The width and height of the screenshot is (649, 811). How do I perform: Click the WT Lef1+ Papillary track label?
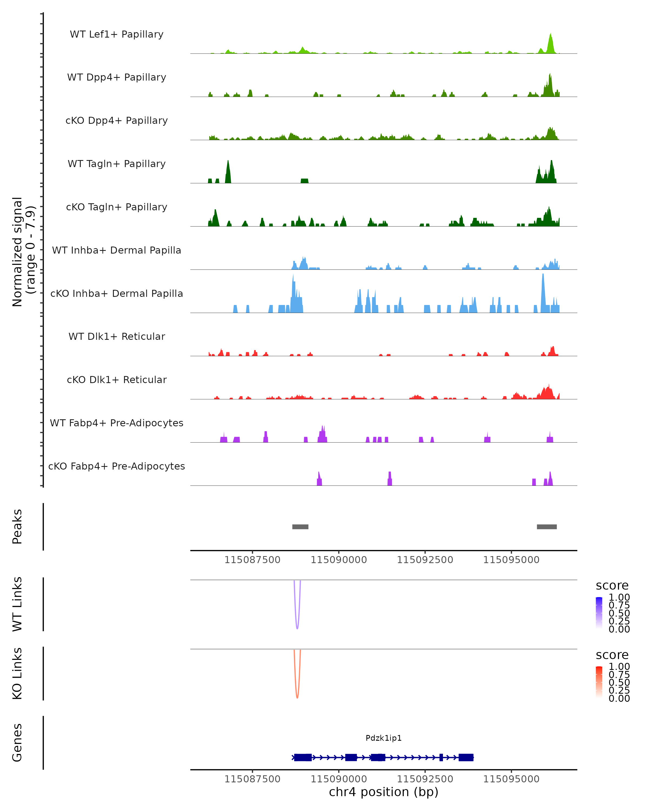117,34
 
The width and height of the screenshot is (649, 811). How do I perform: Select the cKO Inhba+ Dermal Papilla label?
117,293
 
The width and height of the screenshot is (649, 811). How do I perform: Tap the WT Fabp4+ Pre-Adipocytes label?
117,423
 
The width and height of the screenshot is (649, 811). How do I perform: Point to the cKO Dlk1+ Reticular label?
117,380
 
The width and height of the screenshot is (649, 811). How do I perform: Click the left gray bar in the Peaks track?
300,527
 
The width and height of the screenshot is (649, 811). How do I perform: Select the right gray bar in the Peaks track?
547,527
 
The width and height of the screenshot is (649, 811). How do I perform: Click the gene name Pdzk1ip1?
383,738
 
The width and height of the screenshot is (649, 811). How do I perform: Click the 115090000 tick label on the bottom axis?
339,779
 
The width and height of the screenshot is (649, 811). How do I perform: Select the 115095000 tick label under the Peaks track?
511,560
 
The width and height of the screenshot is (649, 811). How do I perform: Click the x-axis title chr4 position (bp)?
383,792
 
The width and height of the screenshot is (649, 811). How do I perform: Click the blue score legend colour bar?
599,612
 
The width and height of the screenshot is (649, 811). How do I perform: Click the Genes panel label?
17,743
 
